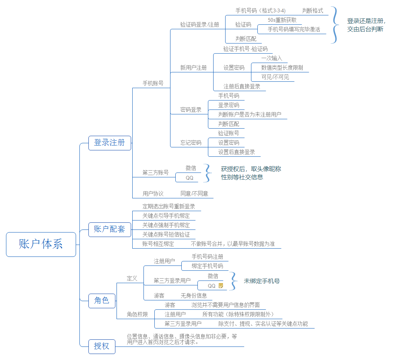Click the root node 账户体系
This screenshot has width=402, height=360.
41,244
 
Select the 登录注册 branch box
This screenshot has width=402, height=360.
109,143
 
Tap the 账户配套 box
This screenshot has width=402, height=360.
109,229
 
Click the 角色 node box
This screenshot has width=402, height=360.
102,300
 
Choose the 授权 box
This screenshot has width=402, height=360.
102,346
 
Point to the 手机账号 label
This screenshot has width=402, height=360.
153,84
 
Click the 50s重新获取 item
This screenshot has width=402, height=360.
282,20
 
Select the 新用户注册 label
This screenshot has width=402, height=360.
193,68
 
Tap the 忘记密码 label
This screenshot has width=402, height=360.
191,142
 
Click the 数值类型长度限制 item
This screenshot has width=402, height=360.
282,67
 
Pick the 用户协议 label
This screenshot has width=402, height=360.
153,193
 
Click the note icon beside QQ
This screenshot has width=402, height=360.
221,285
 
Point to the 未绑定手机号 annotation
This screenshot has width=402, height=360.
262,281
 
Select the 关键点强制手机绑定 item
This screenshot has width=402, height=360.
166,225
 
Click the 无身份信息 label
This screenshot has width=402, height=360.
194,295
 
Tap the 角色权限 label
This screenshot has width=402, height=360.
137,314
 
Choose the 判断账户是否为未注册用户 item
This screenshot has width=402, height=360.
250,114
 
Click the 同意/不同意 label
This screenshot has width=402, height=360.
194,193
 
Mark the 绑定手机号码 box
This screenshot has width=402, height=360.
207,266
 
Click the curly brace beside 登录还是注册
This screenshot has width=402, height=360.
335,25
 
